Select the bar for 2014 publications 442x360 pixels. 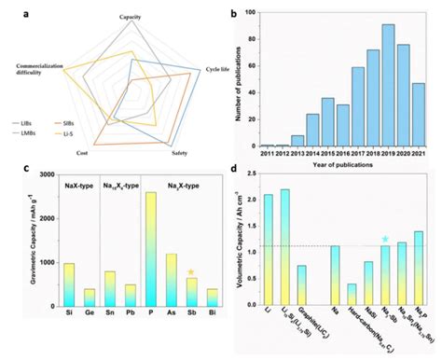pos(287,132)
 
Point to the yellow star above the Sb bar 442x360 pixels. pos(191,272)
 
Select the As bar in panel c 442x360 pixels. pos(171,281)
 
